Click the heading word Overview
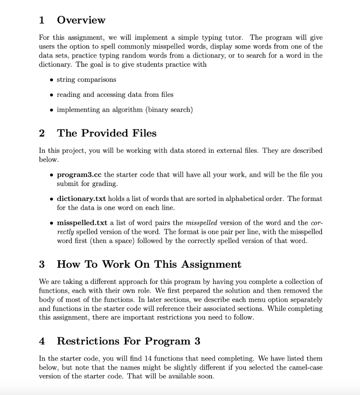pyautogui.click(x=81, y=20)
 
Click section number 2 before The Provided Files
pyautogui.click(x=42, y=133)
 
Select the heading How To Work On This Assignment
pyautogui.click(x=149, y=264)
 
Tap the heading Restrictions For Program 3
pyautogui.click(x=128, y=341)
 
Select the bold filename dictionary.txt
pyautogui.click(x=82, y=199)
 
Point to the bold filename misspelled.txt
pyautogui.click(x=82, y=223)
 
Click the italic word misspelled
pyautogui.click(x=201, y=223)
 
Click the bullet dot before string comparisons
pyautogui.click(x=51, y=79)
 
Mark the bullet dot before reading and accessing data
pyautogui.click(x=51, y=95)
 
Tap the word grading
pyautogui.click(x=105, y=184)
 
